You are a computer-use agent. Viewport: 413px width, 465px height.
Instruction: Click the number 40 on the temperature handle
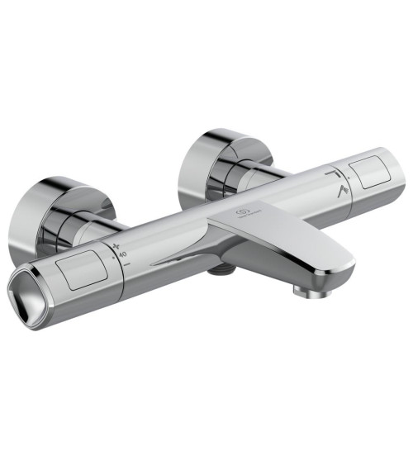pyautogui.click(x=122, y=256)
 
